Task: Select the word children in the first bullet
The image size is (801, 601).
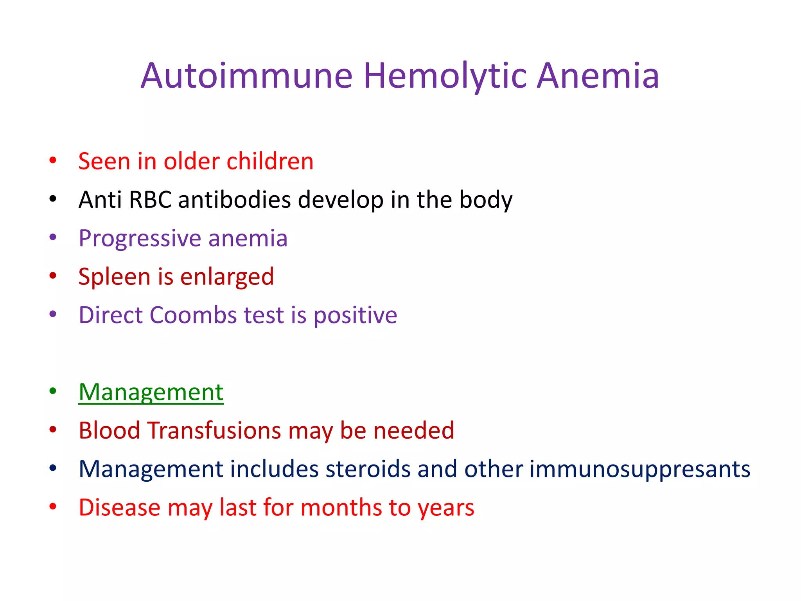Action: click(x=270, y=161)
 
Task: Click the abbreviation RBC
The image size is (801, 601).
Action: click(x=150, y=200)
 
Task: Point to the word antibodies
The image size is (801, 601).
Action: click(x=234, y=200)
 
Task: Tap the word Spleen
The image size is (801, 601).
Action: click(x=114, y=277)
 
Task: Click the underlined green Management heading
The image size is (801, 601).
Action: click(x=151, y=392)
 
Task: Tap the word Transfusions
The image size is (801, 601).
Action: click(x=214, y=430)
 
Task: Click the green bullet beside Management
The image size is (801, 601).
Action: click(x=53, y=391)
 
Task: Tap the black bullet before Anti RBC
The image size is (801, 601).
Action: click(x=53, y=199)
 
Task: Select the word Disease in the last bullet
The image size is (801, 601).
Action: click(x=119, y=507)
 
